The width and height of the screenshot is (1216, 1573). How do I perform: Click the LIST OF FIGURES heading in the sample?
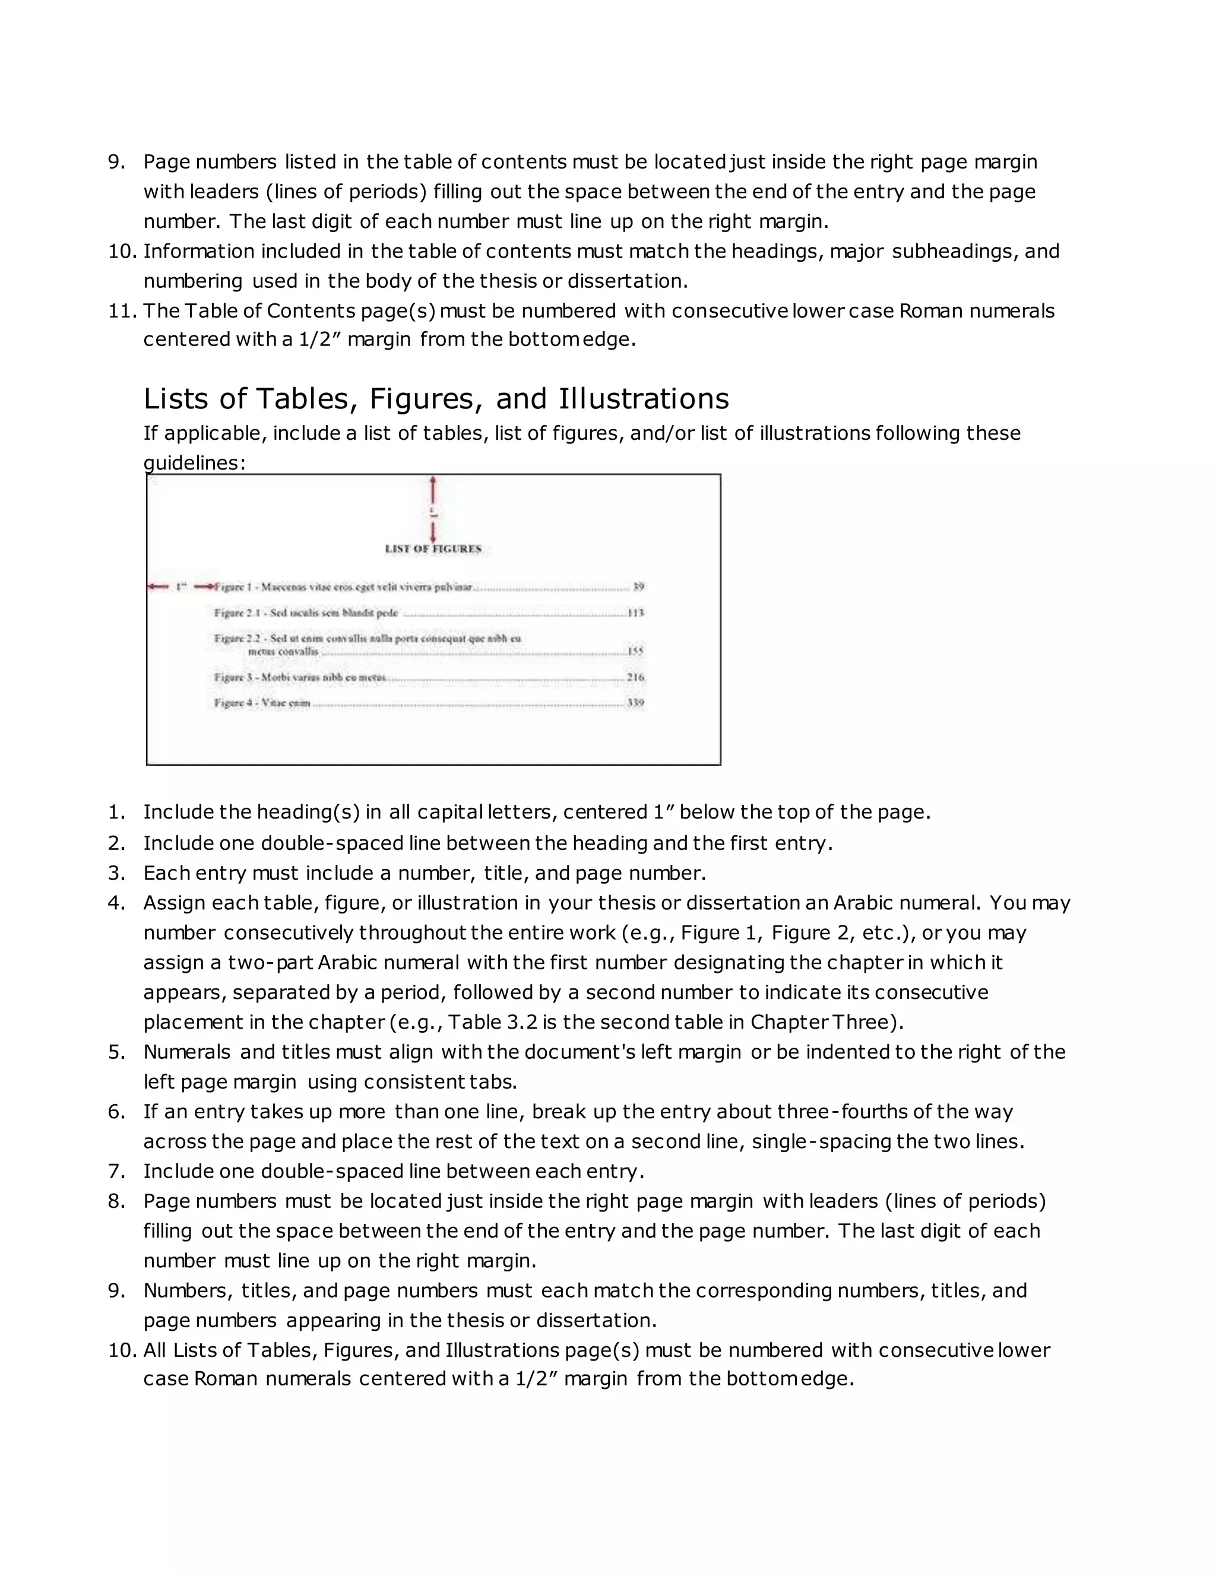433,549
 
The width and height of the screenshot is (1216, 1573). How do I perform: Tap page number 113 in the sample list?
635,613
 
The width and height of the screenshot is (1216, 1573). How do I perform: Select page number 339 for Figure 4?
635,703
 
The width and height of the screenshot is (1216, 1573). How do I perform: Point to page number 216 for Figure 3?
635,677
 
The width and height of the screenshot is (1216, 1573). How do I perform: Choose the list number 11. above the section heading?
122,311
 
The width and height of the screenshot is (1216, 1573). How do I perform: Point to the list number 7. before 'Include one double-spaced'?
117,1171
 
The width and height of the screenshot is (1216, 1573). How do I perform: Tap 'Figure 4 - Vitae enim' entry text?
262,703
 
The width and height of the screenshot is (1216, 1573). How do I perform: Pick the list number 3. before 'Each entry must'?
117,873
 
